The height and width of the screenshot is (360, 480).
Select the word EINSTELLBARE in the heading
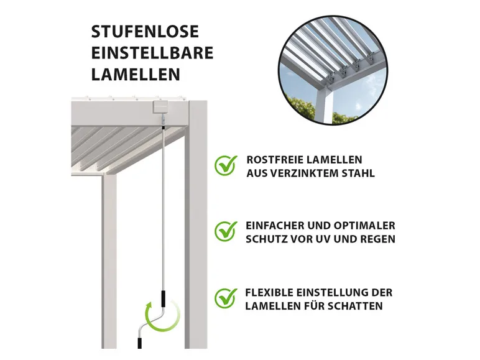point(152,53)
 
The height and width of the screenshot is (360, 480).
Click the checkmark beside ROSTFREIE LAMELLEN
point(226,165)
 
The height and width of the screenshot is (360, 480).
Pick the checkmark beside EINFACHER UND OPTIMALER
point(226,231)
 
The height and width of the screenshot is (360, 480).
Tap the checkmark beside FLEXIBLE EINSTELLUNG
point(226,298)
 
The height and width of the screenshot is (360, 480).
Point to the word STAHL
point(356,173)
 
